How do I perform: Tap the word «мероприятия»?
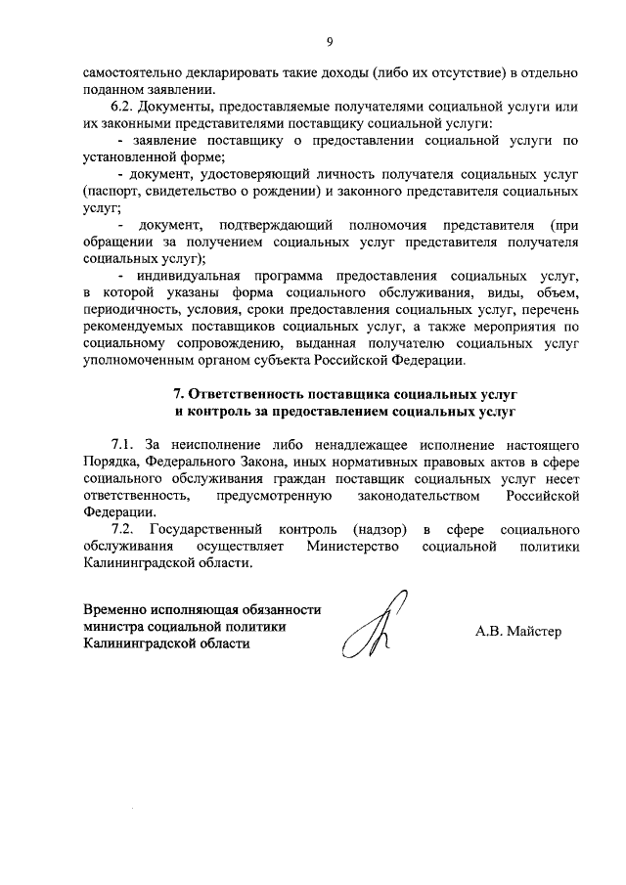tap(514, 327)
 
